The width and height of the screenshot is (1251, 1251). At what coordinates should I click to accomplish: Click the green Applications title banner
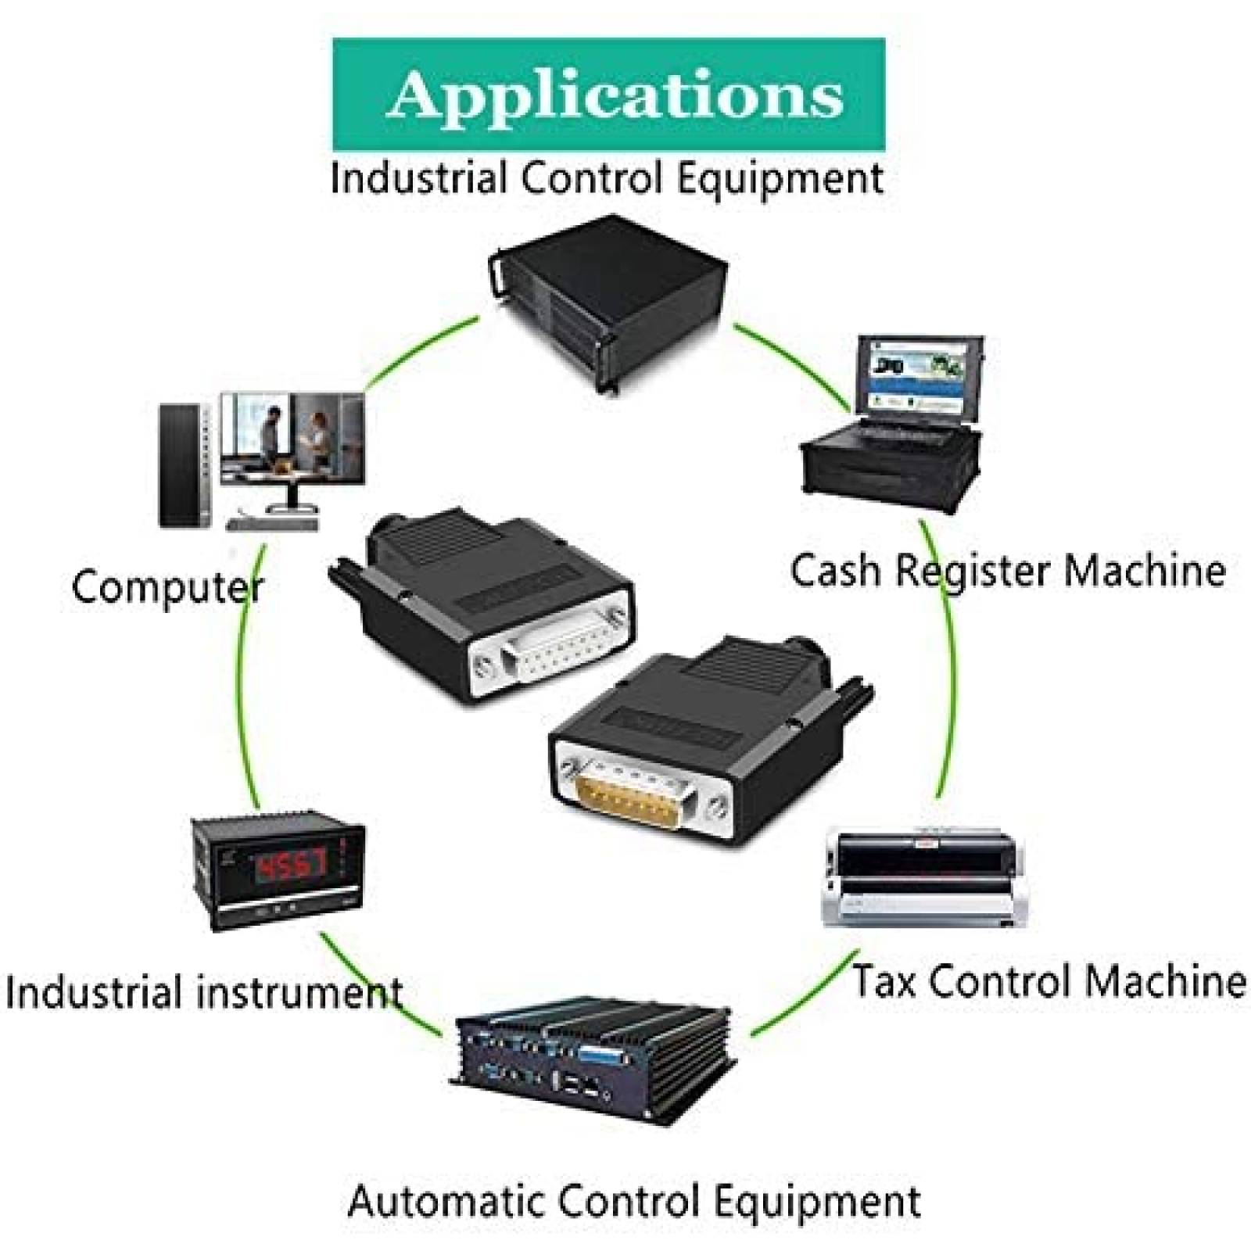[x=609, y=94]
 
